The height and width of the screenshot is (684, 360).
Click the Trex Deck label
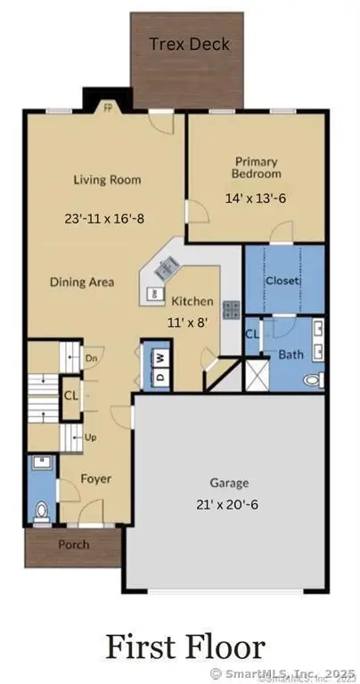(189, 44)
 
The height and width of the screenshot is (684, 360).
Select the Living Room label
(107, 180)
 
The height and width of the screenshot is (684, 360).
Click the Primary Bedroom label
(258, 167)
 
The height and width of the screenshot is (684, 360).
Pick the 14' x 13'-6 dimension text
(258, 199)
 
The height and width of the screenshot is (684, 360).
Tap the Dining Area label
(82, 282)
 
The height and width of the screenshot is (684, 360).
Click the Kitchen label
(192, 301)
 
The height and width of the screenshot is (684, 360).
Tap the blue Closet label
(282, 281)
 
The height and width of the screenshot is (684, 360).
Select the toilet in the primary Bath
(313, 379)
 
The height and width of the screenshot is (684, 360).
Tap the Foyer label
(95, 478)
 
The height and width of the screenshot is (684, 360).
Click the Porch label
(73, 544)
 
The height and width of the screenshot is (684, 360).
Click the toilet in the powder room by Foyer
(41, 510)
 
